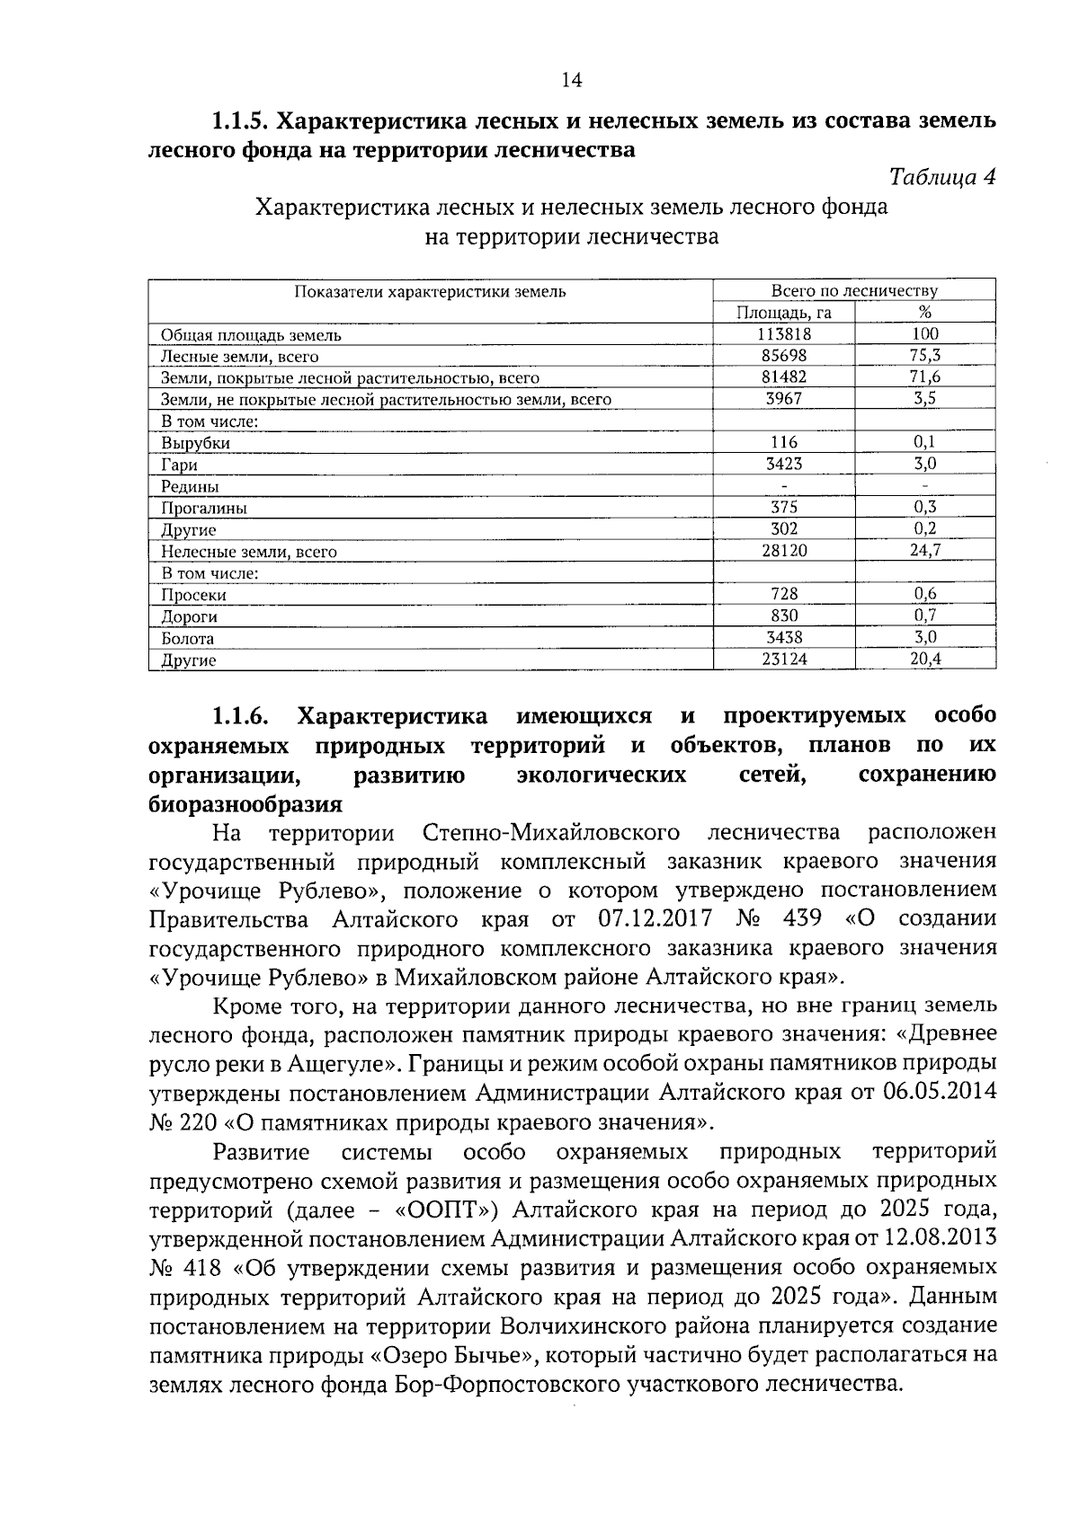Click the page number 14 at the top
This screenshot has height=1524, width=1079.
571,81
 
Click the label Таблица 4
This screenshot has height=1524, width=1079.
941,177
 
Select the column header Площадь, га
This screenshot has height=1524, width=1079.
783,313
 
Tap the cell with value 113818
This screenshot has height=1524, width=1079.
783,334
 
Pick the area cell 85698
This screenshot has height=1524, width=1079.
783,356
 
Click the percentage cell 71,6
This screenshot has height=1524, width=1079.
924,377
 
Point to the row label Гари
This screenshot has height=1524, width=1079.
179,465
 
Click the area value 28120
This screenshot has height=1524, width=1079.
783,551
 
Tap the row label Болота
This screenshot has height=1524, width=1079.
187,639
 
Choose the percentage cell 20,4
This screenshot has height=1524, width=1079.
924,660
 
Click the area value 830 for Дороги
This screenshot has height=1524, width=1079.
783,616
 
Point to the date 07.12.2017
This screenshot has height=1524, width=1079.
655,919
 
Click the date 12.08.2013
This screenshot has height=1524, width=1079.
941,1238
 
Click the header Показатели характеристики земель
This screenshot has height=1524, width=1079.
430,291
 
